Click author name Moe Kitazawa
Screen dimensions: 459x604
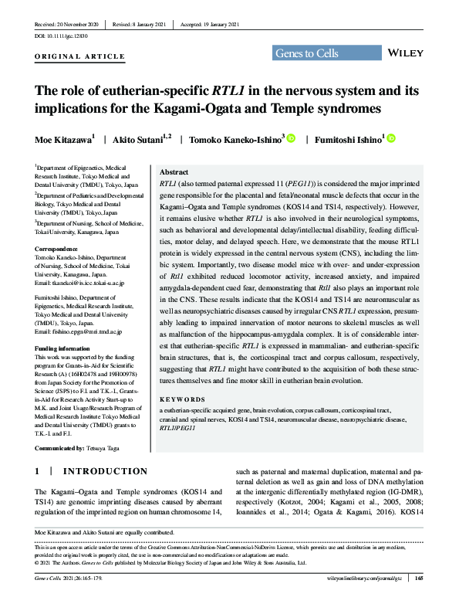pos(64,140)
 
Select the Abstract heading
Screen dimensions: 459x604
pos(174,172)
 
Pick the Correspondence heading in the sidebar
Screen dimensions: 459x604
pos(60,248)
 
